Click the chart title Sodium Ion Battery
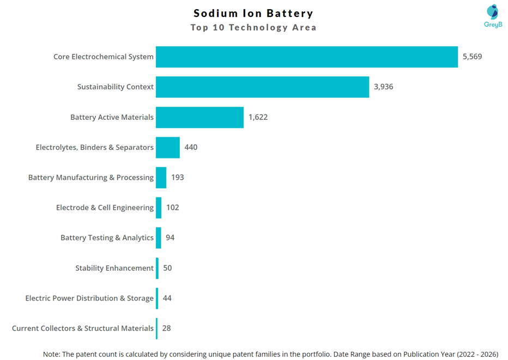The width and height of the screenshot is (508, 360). pyautogui.click(x=253, y=13)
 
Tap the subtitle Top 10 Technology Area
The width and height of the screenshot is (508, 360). pyautogui.click(x=253, y=27)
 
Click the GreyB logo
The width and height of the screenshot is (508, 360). pyautogui.click(x=493, y=16)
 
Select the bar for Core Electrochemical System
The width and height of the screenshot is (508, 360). pyautogui.click(x=306, y=57)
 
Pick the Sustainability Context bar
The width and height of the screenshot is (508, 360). pyautogui.click(x=262, y=87)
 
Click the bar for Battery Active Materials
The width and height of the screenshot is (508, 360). pyautogui.click(x=199, y=117)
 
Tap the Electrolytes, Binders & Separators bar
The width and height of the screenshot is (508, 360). pyautogui.click(x=168, y=147)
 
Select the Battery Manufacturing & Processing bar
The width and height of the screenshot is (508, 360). pyautogui.click(x=161, y=178)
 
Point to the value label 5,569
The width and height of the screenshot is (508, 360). pyautogui.click(x=472, y=57)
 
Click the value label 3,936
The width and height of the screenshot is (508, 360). pyautogui.click(x=383, y=87)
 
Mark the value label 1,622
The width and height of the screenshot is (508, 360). pyautogui.click(x=258, y=117)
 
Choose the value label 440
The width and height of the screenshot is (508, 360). pyautogui.click(x=191, y=147)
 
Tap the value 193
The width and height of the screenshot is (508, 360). pyautogui.click(x=177, y=178)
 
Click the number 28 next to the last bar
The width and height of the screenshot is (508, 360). pyautogui.click(x=166, y=328)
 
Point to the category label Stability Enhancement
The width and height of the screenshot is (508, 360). pyautogui.click(x=114, y=268)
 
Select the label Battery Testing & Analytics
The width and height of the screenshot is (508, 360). pyautogui.click(x=107, y=238)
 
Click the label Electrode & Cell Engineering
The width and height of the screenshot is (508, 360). pyautogui.click(x=105, y=208)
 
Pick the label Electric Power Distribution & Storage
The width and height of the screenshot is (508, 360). pyautogui.click(x=89, y=298)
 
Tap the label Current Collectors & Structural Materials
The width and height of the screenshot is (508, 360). pyautogui.click(x=83, y=328)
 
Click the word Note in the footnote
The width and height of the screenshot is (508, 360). pyautogui.click(x=51, y=354)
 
